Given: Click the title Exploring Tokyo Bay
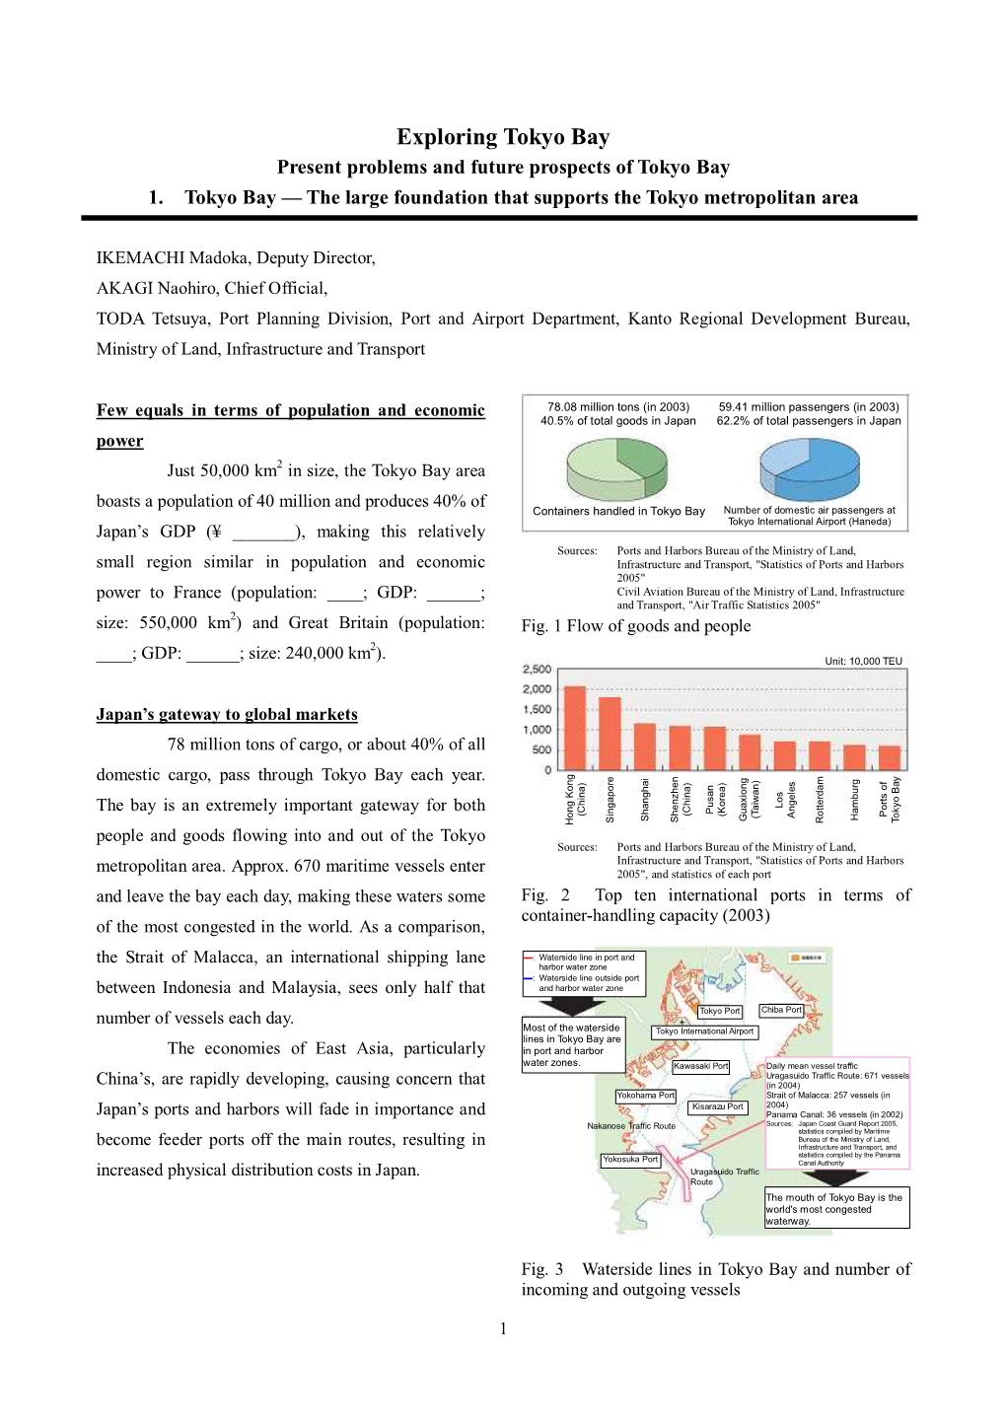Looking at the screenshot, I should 503,137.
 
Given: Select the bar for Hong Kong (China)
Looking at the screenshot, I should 574,728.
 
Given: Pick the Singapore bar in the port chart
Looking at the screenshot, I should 610,734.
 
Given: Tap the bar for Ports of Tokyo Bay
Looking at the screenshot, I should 890,757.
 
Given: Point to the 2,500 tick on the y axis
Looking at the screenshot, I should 537,670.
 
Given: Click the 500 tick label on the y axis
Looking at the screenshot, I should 541,749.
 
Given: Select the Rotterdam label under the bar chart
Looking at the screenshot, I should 820,799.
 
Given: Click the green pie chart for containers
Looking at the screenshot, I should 617,469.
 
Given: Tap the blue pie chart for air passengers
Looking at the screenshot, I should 810,468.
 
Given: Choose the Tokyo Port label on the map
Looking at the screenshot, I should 719,1011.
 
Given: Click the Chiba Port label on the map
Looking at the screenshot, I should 781,1010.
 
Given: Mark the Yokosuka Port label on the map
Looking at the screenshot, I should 630,1160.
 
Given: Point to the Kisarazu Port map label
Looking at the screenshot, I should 717,1106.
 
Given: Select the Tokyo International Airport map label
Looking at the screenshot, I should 704,1031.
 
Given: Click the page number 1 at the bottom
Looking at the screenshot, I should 503,1328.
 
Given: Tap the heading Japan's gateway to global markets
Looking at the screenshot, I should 227,714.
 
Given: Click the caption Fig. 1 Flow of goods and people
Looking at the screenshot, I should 636,626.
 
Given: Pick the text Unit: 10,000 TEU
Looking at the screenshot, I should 863,661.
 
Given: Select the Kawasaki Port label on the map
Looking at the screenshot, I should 700,1066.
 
